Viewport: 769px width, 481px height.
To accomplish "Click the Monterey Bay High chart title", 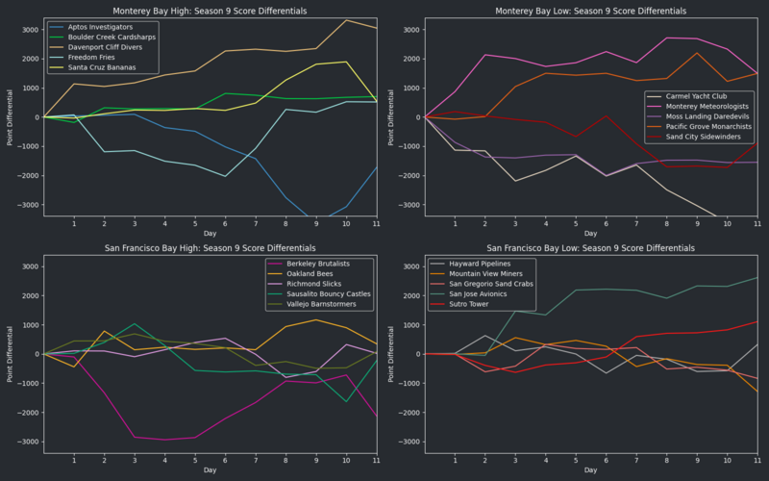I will click(x=210, y=11).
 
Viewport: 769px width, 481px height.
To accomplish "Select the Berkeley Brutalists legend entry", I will click(x=312, y=265).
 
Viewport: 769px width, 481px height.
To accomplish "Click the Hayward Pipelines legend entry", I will click(x=472, y=265).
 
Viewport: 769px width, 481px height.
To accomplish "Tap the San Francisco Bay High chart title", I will click(x=210, y=247).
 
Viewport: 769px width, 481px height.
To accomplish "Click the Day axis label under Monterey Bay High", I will click(x=210, y=234).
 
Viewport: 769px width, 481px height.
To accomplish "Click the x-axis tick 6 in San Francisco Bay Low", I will click(x=606, y=459).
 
